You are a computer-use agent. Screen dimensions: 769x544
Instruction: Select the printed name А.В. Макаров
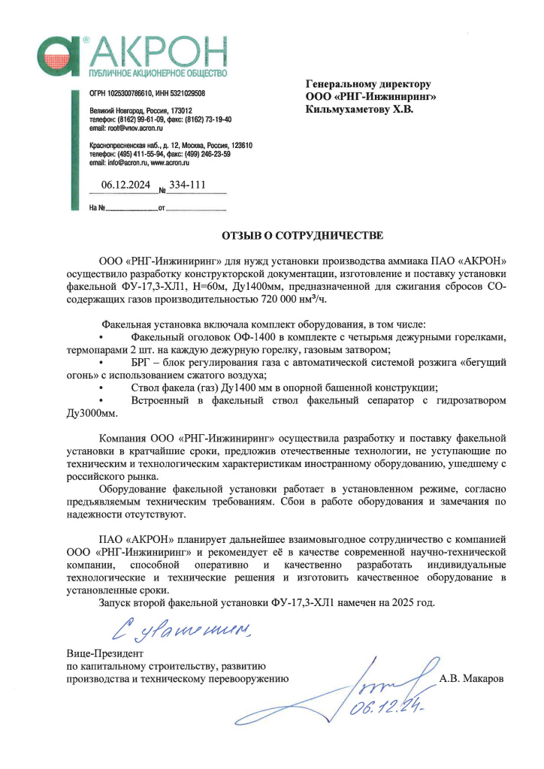(x=472, y=677)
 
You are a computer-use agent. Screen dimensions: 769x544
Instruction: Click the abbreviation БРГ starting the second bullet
(x=141, y=362)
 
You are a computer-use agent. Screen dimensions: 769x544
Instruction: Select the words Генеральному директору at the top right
(x=368, y=84)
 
